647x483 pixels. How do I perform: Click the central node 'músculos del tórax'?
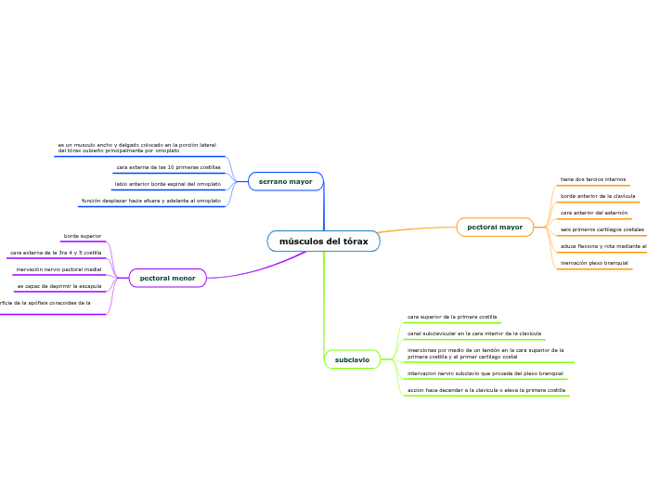click(x=323, y=241)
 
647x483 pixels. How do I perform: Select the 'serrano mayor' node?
click(x=285, y=181)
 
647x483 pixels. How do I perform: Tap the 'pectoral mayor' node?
click(x=495, y=227)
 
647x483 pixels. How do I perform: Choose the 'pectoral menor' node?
click(x=167, y=278)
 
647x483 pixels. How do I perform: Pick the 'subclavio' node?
click(x=352, y=359)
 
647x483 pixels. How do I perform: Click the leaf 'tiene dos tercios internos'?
click(x=593, y=179)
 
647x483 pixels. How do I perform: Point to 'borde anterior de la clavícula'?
click(x=598, y=196)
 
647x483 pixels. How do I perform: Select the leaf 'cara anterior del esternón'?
click(x=594, y=213)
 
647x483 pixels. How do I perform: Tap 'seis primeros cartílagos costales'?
click(x=602, y=228)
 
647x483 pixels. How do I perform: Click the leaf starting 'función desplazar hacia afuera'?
click(x=151, y=201)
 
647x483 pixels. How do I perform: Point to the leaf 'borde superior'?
click(x=83, y=236)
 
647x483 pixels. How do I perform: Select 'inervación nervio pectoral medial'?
click(x=58, y=269)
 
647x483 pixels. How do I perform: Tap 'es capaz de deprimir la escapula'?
click(x=58, y=286)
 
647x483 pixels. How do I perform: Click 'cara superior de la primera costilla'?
click(x=452, y=317)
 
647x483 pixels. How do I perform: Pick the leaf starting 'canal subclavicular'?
click(x=474, y=333)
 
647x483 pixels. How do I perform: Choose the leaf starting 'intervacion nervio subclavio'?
click(x=485, y=373)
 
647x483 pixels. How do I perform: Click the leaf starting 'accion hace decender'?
click(x=486, y=390)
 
